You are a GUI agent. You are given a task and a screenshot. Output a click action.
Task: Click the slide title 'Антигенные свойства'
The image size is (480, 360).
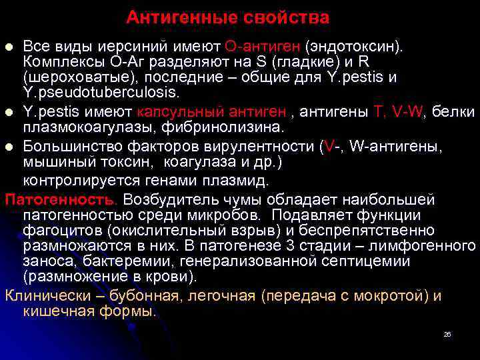coord(228,17)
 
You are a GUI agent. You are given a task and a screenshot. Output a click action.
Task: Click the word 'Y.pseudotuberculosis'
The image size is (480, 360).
coord(100,91)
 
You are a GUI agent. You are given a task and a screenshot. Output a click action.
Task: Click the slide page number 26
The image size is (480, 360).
coord(447,334)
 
